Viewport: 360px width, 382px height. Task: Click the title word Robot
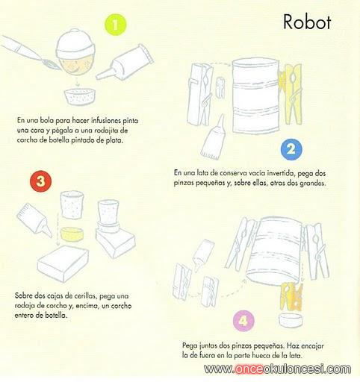[x=307, y=22]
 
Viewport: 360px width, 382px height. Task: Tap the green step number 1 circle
[x=116, y=25]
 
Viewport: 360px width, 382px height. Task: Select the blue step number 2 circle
[x=291, y=149]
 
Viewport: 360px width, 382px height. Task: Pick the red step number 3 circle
[x=40, y=181]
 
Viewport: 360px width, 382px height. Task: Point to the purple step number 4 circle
[x=243, y=321]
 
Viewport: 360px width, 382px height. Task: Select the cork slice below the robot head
[x=80, y=96]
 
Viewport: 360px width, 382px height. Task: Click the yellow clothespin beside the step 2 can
[x=291, y=94]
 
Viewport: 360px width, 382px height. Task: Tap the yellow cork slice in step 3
[x=72, y=234]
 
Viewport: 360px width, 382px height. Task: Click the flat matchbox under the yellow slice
[x=63, y=263]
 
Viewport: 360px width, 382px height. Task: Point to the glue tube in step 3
[x=34, y=219]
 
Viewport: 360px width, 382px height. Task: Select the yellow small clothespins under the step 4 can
[x=291, y=297]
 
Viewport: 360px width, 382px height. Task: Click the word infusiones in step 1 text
[x=106, y=121]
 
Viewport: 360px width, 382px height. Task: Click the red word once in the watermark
[x=249, y=369]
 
